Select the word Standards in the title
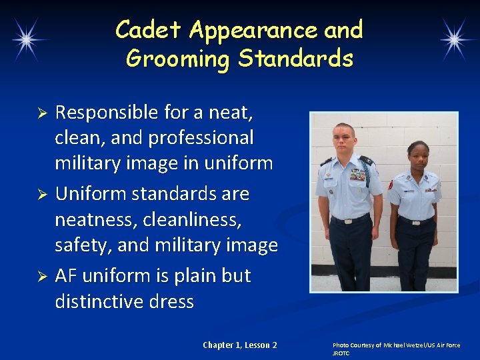[295, 59]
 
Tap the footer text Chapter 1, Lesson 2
[240, 345]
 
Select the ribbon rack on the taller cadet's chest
[358, 175]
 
